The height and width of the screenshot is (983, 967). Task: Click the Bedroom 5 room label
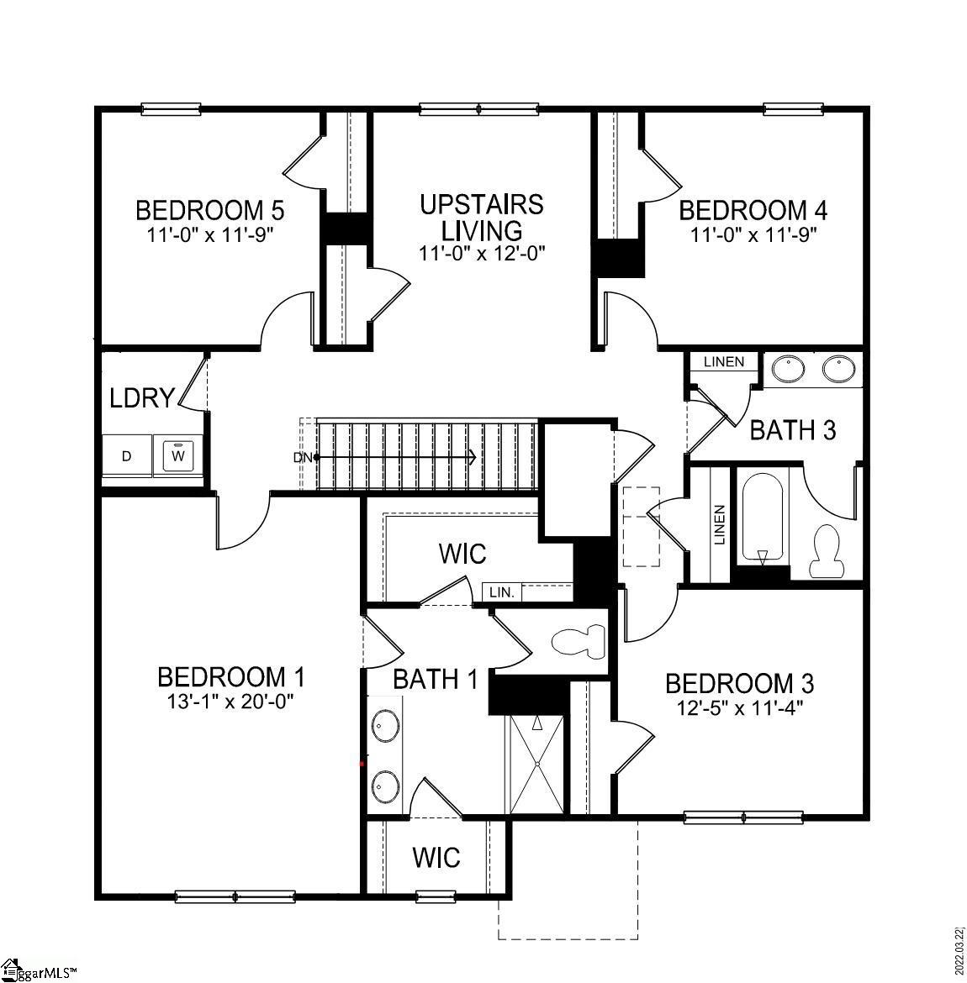pos(209,208)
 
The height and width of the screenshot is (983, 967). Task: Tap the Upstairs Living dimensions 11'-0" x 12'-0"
pos(483,253)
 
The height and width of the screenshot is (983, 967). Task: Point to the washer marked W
pos(178,455)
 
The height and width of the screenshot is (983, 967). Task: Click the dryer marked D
pos(127,456)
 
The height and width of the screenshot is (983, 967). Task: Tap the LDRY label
pos(142,397)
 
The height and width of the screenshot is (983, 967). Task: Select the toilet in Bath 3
pos(828,550)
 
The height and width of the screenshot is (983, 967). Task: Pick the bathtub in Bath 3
pos(763,518)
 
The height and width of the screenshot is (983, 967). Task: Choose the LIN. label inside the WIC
pos(501,592)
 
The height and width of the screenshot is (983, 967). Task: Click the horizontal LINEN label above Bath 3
pos(724,361)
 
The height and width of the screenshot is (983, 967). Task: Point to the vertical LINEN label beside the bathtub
pos(720,525)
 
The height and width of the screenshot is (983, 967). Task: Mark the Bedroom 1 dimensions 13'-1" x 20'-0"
pos(230,699)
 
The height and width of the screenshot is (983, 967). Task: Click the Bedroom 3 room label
pos(739,683)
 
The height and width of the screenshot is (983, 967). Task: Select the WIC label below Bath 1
pos(436,858)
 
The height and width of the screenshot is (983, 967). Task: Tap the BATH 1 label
pos(435,679)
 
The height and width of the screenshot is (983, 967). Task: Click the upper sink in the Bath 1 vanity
pos(387,723)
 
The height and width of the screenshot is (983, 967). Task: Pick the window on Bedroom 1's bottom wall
pos(235,896)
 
